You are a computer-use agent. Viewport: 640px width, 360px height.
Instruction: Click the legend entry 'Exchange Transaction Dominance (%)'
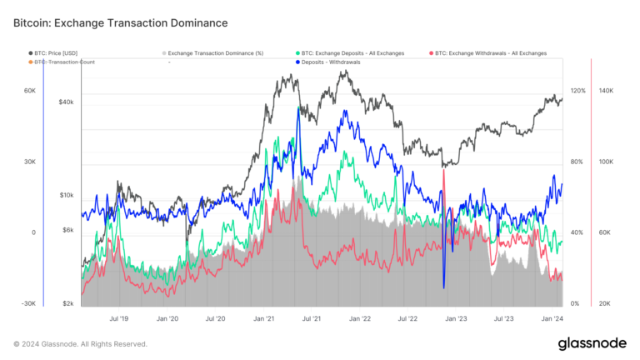tap(215, 53)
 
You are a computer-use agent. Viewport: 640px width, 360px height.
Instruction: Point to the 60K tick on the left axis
tap(28, 91)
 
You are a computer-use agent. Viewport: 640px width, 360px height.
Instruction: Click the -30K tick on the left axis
tap(27, 303)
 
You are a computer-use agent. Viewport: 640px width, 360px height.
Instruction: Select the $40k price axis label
tap(66, 102)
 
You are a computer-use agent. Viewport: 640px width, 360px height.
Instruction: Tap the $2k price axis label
tap(68, 303)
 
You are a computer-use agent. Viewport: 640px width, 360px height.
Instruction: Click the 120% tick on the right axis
tap(577, 91)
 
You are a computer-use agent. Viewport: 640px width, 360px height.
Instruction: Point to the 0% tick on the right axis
tap(574, 303)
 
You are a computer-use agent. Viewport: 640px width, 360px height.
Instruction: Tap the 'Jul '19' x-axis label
tap(119, 318)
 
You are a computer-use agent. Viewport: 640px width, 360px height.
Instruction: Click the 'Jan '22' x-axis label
tap(360, 318)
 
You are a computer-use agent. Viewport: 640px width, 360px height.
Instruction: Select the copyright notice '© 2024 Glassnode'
tap(80, 343)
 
